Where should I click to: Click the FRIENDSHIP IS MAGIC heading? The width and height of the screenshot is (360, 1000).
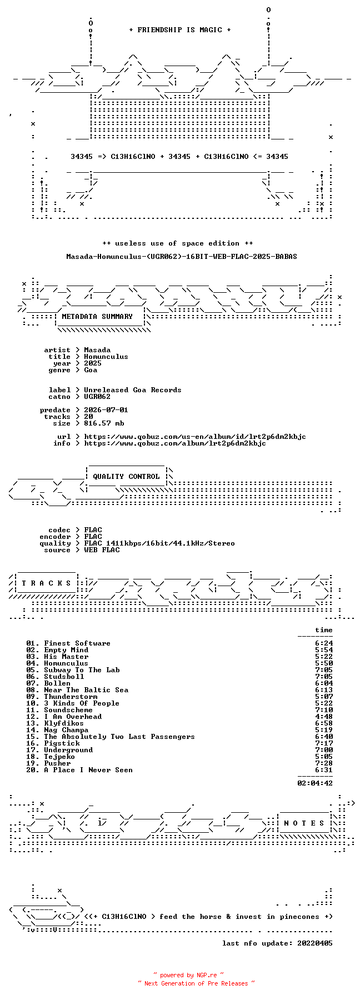(x=179, y=30)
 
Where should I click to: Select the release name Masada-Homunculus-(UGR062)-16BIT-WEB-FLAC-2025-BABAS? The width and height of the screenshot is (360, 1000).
(x=182, y=257)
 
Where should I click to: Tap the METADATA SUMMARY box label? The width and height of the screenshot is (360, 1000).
(x=97, y=317)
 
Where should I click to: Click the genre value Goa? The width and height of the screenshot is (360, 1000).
(x=91, y=370)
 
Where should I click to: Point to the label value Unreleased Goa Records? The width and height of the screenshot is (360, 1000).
(x=133, y=390)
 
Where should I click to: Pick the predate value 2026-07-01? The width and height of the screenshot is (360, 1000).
(x=106, y=410)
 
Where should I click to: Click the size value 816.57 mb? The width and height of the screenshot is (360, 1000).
(x=104, y=423)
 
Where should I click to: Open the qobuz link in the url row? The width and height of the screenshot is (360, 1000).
(x=195, y=437)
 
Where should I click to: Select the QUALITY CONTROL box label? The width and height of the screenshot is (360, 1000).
(x=126, y=477)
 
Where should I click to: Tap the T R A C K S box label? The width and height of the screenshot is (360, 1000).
(x=47, y=583)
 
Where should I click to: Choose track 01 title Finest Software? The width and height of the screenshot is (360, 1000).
(x=77, y=643)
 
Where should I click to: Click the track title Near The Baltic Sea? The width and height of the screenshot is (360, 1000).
(x=86, y=690)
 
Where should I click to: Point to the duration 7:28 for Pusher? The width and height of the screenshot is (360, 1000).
(x=324, y=763)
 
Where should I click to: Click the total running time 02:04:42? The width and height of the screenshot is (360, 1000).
(x=315, y=783)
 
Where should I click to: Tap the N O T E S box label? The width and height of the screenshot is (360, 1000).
(x=304, y=823)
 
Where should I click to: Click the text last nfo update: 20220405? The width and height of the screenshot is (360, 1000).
(x=277, y=943)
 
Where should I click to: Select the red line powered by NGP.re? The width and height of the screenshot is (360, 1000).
(x=189, y=975)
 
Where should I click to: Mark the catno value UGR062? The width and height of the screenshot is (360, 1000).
(x=97, y=397)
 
